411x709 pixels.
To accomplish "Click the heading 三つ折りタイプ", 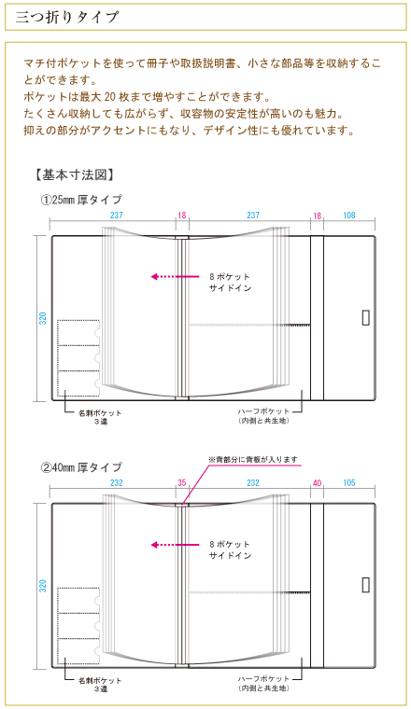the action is pyautogui.click(x=67, y=17).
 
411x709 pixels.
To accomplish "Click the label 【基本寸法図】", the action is pyautogui.click(x=74, y=174).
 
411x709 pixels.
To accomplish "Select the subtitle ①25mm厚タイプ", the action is pyautogui.click(x=81, y=200).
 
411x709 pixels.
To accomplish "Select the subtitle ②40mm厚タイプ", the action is pyautogui.click(x=81, y=467).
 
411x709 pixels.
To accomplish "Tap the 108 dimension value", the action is pyautogui.click(x=349, y=215).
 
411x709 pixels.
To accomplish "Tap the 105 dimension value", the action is pyautogui.click(x=349, y=483).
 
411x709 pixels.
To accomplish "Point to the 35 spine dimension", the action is pyautogui.click(x=182, y=483).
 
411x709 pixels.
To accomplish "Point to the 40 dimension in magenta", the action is pyautogui.click(x=317, y=483).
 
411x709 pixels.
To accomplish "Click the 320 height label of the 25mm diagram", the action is pyautogui.click(x=43, y=318).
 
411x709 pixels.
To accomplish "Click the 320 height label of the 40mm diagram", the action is pyautogui.click(x=43, y=586).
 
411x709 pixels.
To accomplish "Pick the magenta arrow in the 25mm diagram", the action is pyautogui.click(x=175, y=276).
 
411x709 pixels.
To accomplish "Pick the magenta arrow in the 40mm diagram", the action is pyautogui.click(x=175, y=545).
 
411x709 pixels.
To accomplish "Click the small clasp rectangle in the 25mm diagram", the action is pyautogui.click(x=366, y=318).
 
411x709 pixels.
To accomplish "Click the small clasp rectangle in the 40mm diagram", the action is pyautogui.click(x=366, y=586).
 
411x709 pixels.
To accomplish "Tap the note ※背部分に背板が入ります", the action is pyautogui.click(x=253, y=459).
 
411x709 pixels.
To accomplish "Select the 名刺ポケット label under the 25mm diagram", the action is pyautogui.click(x=100, y=413).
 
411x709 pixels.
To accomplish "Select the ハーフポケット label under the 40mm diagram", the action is pyautogui.click(x=263, y=679).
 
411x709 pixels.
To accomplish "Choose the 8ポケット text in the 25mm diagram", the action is pyautogui.click(x=230, y=276).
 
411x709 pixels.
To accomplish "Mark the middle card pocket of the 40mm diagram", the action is pyautogui.click(x=78, y=625).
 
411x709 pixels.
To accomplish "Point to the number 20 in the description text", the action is pyautogui.click(x=110, y=96).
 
